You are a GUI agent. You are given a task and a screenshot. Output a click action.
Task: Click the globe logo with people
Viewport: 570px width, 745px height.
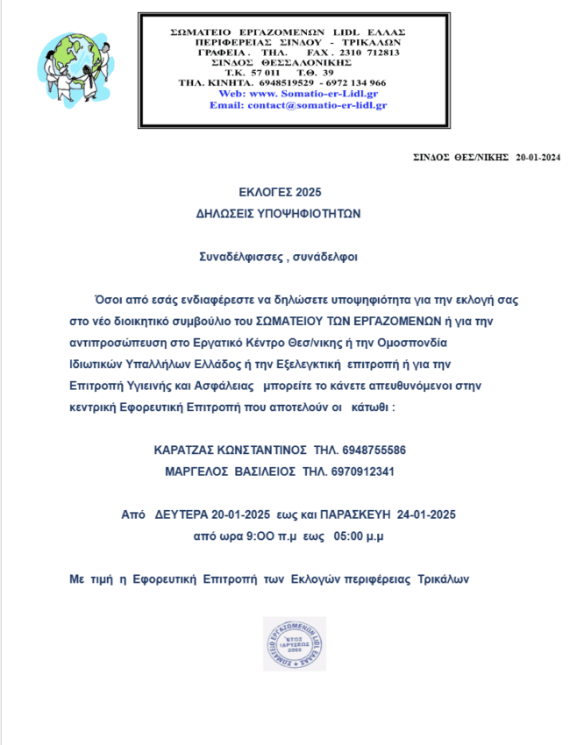[72, 68]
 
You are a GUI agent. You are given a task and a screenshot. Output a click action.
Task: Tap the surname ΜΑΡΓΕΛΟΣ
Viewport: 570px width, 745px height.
[196, 472]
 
